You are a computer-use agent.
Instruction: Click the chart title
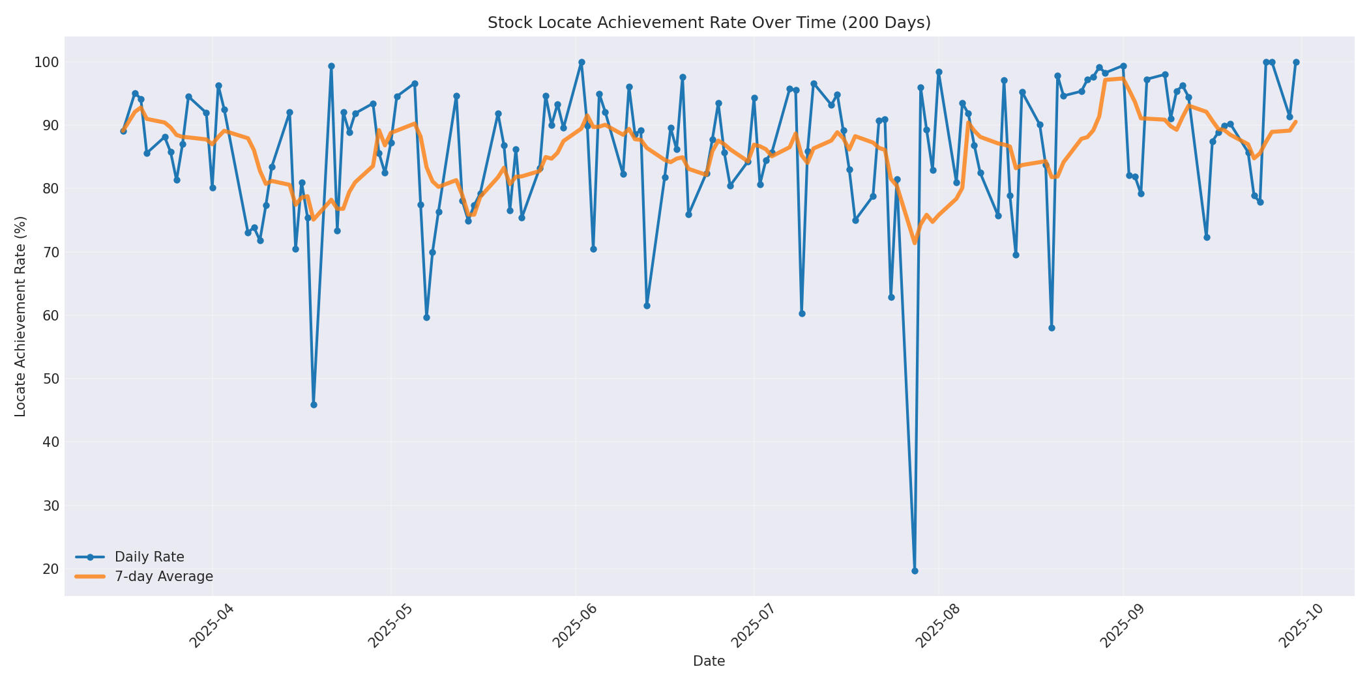(x=709, y=23)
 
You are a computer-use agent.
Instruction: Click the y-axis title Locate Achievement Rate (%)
(x=20, y=316)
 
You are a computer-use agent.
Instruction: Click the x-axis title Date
(x=709, y=661)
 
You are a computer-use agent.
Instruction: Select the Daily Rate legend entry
(x=149, y=557)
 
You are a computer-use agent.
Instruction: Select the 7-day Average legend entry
(x=164, y=577)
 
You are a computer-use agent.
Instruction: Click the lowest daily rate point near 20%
(x=915, y=571)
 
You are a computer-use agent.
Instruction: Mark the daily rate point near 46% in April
(x=314, y=405)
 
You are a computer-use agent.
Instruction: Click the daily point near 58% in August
(x=1052, y=328)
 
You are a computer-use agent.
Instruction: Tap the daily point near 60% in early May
(x=426, y=317)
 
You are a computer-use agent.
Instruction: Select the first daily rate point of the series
(x=123, y=131)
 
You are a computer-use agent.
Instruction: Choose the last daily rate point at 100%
(x=1296, y=63)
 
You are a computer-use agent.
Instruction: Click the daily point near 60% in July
(x=802, y=313)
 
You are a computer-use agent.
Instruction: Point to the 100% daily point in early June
(x=581, y=63)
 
